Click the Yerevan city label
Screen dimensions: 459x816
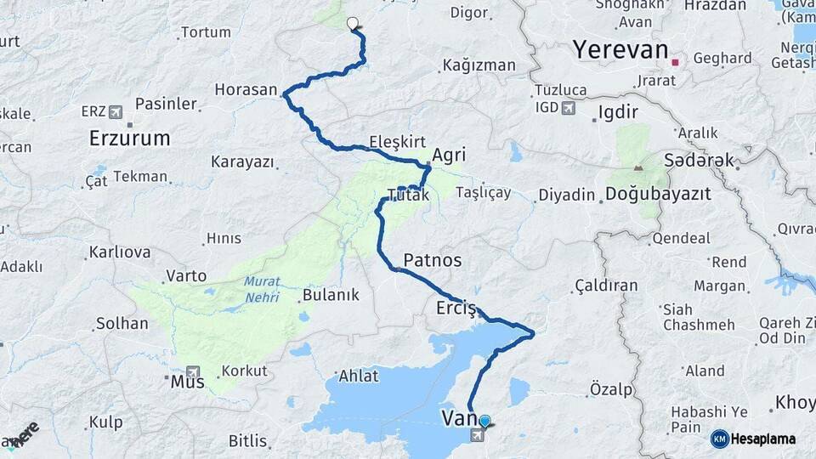pyautogui.click(x=620, y=49)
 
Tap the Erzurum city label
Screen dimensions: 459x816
pyautogui.click(x=130, y=138)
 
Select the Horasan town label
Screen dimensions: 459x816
pyautogui.click(x=246, y=89)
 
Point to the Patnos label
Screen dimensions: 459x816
pyautogui.click(x=433, y=259)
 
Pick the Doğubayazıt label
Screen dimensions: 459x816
pyautogui.click(x=658, y=194)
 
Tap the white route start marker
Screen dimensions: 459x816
pyautogui.click(x=352, y=23)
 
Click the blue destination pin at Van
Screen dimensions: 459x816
pyautogui.click(x=484, y=420)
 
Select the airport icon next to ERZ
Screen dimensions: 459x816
pyautogui.click(x=116, y=111)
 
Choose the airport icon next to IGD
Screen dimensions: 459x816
pyautogui.click(x=568, y=108)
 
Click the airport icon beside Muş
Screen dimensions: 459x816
pyautogui.click(x=194, y=371)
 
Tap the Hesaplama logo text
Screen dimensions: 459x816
pyautogui.click(x=763, y=439)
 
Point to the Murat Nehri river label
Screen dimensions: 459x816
pyautogui.click(x=262, y=290)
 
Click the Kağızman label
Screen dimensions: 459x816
pyautogui.click(x=479, y=65)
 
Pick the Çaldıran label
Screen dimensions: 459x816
pyautogui.click(x=606, y=285)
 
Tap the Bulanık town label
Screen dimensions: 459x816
pyautogui.click(x=331, y=295)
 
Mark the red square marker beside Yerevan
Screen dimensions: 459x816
pyautogui.click(x=675, y=62)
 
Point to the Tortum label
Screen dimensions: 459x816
pyautogui.click(x=206, y=32)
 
